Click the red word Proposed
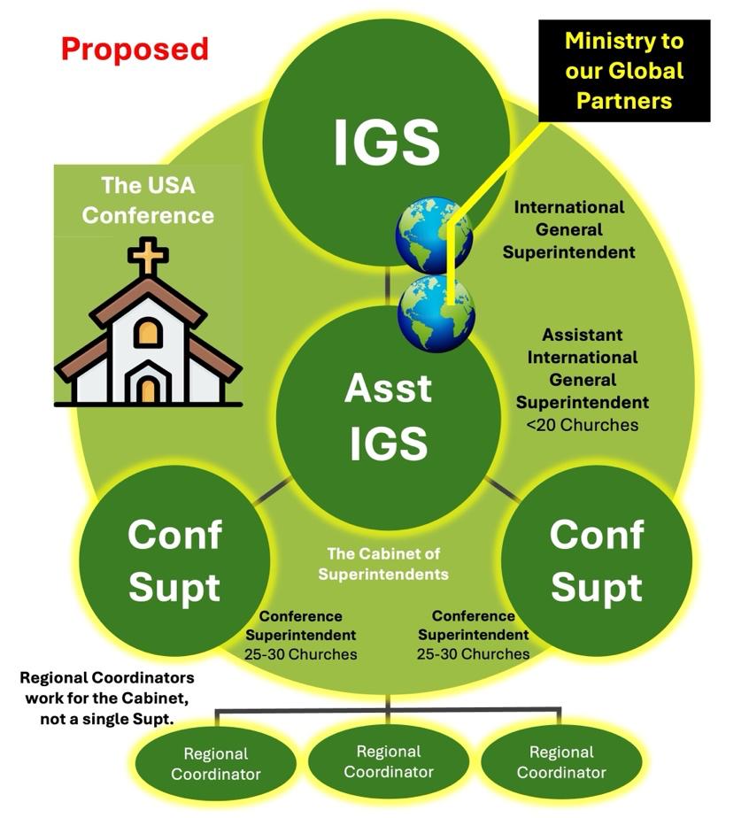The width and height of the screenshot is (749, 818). click(x=135, y=48)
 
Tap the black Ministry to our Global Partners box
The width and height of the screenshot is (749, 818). click(x=624, y=70)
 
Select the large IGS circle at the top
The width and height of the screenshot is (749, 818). click(x=387, y=142)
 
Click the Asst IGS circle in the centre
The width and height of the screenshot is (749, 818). click(x=387, y=416)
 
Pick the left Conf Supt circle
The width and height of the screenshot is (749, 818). click(x=174, y=560)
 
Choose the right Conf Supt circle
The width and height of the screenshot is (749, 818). click(x=596, y=560)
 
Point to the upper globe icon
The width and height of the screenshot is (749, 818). click(x=433, y=235)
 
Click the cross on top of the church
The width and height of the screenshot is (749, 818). click(x=148, y=255)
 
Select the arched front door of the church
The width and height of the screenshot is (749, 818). click(x=148, y=389)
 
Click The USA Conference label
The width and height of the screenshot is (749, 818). click(x=148, y=201)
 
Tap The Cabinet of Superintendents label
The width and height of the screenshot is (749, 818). click(x=383, y=564)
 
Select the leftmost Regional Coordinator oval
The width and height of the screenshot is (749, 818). click(x=215, y=763)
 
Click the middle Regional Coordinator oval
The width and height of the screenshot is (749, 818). click(x=388, y=761)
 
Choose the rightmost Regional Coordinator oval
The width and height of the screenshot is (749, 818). click(x=560, y=761)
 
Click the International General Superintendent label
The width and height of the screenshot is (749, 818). click(x=569, y=229)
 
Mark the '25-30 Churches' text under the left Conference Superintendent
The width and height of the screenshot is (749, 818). click(x=300, y=655)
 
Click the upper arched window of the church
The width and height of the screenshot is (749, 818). click(x=148, y=333)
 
